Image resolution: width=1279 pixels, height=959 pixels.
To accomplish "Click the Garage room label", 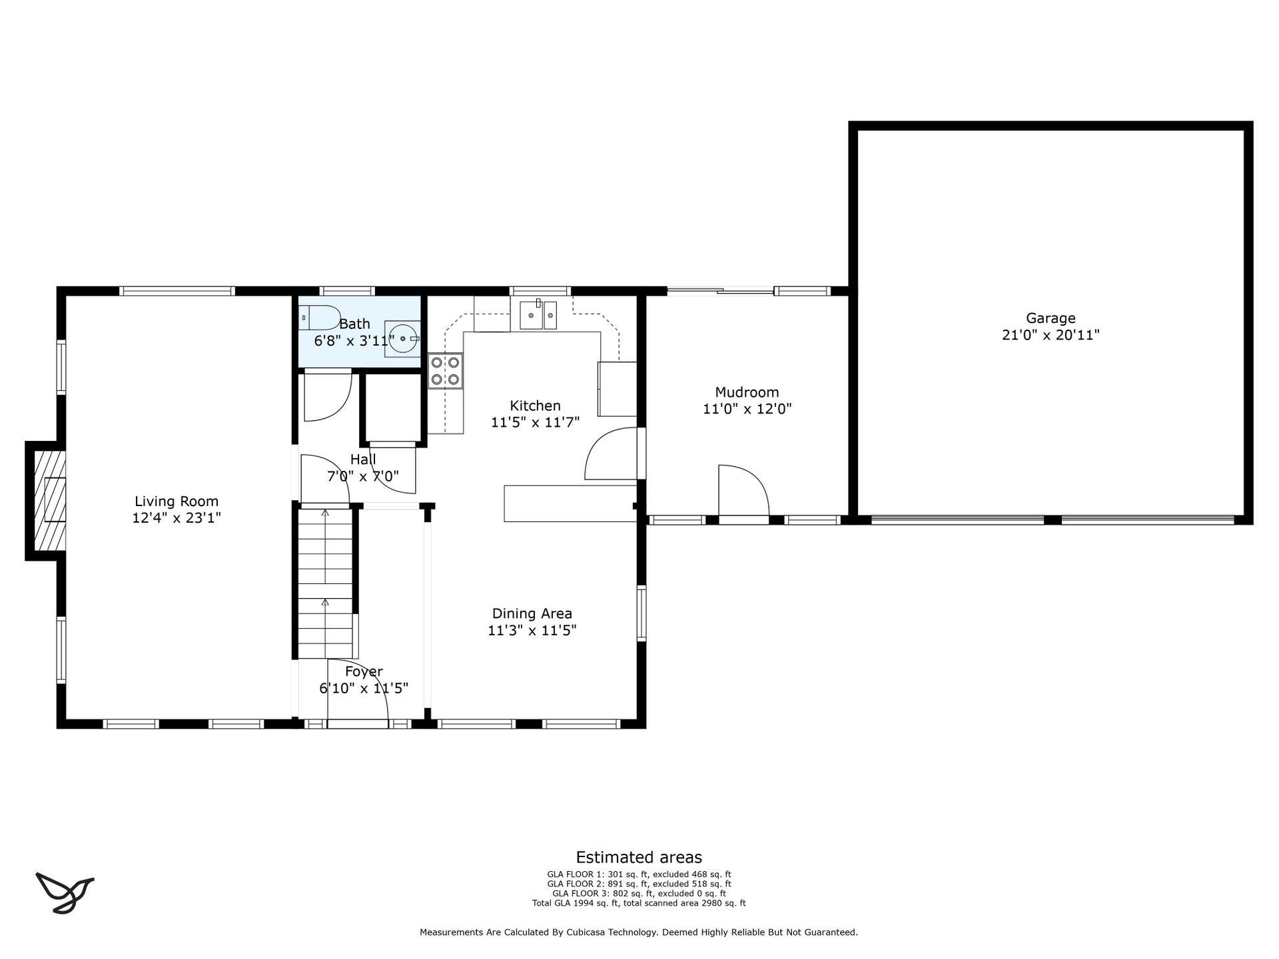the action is [x=1051, y=318].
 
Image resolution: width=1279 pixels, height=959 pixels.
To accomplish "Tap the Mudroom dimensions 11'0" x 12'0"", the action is [x=747, y=409].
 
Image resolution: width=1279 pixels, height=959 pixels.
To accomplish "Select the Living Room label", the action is [x=177, y=501].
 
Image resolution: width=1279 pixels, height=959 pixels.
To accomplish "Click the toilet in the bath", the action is [x=320, y=318].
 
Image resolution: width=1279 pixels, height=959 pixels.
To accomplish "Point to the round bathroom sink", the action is [x=402, y=338].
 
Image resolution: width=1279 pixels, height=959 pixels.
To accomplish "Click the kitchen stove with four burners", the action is [x=446, y=371].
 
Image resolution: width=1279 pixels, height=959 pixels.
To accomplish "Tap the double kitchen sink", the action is [x=538, y=315].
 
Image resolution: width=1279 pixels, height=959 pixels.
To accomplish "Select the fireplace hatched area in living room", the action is [x=50, y=501].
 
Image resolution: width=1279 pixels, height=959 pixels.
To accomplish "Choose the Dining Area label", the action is [x=532, y=614].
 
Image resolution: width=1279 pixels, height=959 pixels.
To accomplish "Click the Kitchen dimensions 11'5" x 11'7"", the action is [x=536, y=422].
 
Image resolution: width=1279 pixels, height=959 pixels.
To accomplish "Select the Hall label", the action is [x=363, y=460].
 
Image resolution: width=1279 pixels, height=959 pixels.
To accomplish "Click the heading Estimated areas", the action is [x=639, y=857].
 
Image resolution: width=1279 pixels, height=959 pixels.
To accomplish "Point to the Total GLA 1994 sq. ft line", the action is [x=639, y=904].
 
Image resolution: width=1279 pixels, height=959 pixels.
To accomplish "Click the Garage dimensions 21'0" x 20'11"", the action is [x=1051, y=335].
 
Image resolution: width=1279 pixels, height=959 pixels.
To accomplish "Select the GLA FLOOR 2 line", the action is [x=639, y=884].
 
